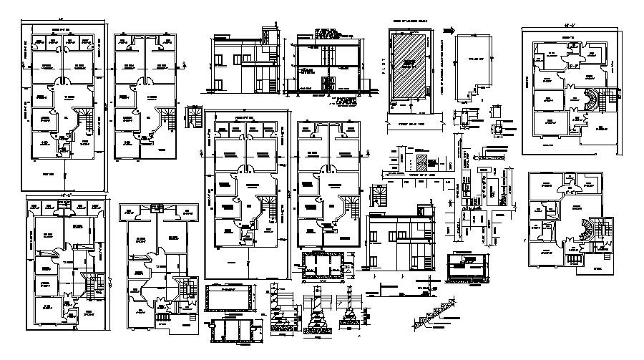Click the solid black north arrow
pyautogui.click(x=449, y=30)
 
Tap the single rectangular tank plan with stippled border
pyautogui.click(x=229, y=297)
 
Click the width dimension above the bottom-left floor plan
pyautogui.click(x=65, y=194)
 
